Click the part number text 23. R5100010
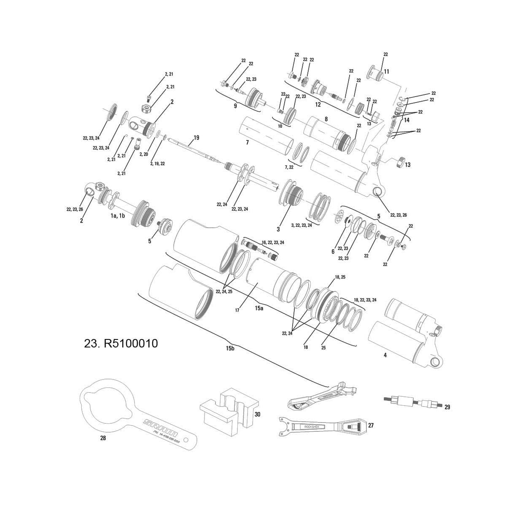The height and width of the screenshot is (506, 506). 121,344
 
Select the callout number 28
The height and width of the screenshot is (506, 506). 103,439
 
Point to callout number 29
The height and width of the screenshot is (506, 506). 447,407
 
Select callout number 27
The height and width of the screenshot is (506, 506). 371,425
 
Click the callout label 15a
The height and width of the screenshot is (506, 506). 259,309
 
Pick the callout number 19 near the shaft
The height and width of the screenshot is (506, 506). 196,138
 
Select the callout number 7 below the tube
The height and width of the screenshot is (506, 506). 247,143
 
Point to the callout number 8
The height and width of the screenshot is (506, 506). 326,119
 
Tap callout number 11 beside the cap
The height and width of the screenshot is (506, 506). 387,72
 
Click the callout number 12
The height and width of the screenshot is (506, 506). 318,104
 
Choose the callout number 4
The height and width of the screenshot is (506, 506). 385,355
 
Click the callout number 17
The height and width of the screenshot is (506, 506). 237,310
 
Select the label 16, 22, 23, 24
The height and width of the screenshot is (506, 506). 273,242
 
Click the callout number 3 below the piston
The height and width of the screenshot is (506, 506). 278,229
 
